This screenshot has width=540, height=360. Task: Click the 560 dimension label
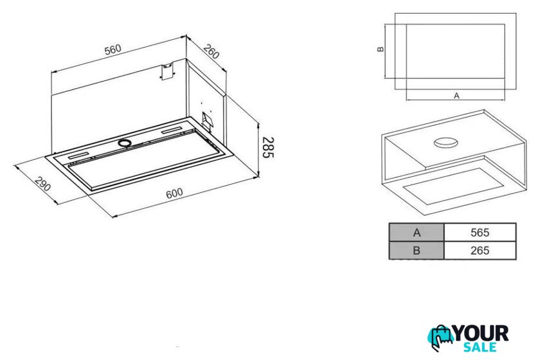coord(113,50)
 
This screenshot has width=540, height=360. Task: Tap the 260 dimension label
coord(211,51)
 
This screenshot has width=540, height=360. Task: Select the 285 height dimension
coord(268,147)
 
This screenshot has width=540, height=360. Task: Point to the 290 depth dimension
coord(42,184)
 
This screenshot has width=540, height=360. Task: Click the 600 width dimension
coord(174,194)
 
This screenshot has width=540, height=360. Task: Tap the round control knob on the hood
coord(124,143)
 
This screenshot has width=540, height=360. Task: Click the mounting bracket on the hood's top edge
coord(167,71)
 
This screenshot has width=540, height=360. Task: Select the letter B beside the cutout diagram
coord(381,49)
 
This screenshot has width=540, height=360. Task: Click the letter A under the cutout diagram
coord(456,96)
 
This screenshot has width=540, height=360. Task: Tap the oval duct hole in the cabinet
coord(446,142)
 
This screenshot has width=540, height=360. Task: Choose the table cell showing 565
coord(480,233)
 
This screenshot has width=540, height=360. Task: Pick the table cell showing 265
coord(480,251)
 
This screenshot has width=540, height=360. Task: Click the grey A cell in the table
coord(417,233)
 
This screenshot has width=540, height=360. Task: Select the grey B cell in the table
coord(417,251)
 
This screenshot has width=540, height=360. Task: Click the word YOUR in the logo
coord(480,334)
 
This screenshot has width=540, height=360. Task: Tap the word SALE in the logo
coord(480,347)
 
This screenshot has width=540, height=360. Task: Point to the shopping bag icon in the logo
coord(440,337)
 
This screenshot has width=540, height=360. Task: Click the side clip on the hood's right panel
coord(207,121)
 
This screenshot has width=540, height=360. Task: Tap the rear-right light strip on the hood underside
coord(172,131)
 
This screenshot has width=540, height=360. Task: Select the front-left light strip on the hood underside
coord(79,156)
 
